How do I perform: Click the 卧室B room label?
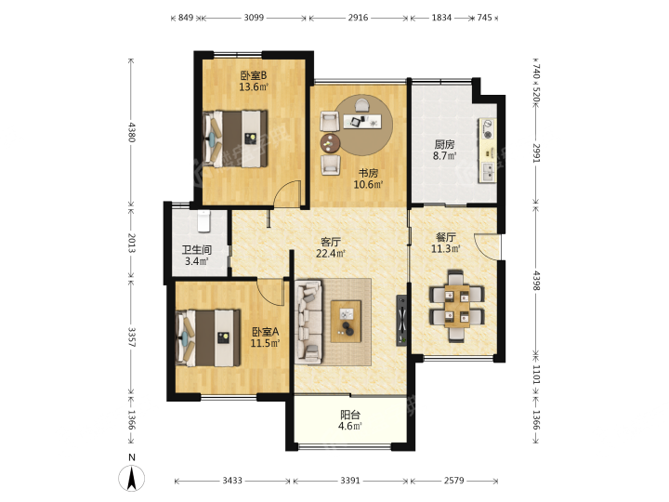pos(254,75)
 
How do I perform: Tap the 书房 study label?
pos(368,173)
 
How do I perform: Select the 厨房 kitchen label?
pos(444,144)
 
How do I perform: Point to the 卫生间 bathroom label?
pos(197,250)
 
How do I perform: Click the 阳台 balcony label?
pos(350,415)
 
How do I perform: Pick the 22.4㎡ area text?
pos(330,254)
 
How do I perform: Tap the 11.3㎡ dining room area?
pos(446,248)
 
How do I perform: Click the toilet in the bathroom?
pos(204,220)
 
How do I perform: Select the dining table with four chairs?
pos(456,306)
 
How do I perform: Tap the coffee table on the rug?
pos(346,321)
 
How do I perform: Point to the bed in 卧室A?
pos(208,338)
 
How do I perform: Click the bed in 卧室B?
pos(235,139)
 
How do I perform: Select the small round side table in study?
pos(330,143)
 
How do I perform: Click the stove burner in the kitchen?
pos(487,130)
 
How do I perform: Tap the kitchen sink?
pos(487,172)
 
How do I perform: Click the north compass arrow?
pos(132,478)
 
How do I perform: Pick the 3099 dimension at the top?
pos(254,18)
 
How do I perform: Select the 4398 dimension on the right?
pos(536,281)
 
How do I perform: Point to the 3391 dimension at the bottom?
pos(350,481)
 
